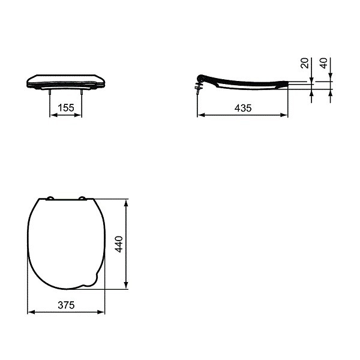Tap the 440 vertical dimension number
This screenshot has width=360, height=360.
[x=119, y=244]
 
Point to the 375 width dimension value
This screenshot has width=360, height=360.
[x=66, y=305]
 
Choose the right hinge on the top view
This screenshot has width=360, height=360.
[x=83, y=198]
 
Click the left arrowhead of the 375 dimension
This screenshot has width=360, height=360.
[x=32, y=312]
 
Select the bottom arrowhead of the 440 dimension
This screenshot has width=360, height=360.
[x=126, y=286]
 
